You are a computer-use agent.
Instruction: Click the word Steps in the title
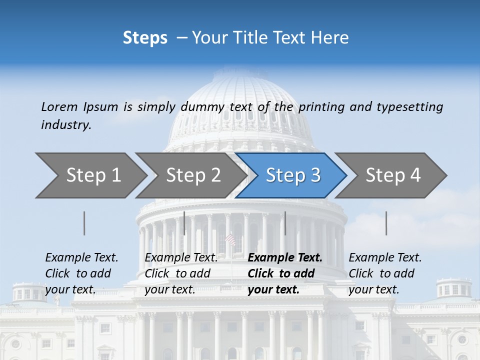[145, 38]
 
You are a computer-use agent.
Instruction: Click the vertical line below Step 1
[84, 223]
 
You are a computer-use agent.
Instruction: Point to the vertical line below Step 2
[184, 223]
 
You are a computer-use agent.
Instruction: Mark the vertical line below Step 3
[285, 223]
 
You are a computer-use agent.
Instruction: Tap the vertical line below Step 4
[386, 223]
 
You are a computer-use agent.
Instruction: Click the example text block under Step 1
[81, 273]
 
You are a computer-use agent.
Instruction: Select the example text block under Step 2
[181, 273]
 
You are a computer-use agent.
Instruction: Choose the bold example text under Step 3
[285, 273]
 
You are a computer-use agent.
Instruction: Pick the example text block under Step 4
[385, 273]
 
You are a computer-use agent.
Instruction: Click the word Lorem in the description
[59, 107]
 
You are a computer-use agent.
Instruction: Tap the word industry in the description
[66, 125]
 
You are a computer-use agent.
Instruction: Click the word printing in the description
[322, 107]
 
